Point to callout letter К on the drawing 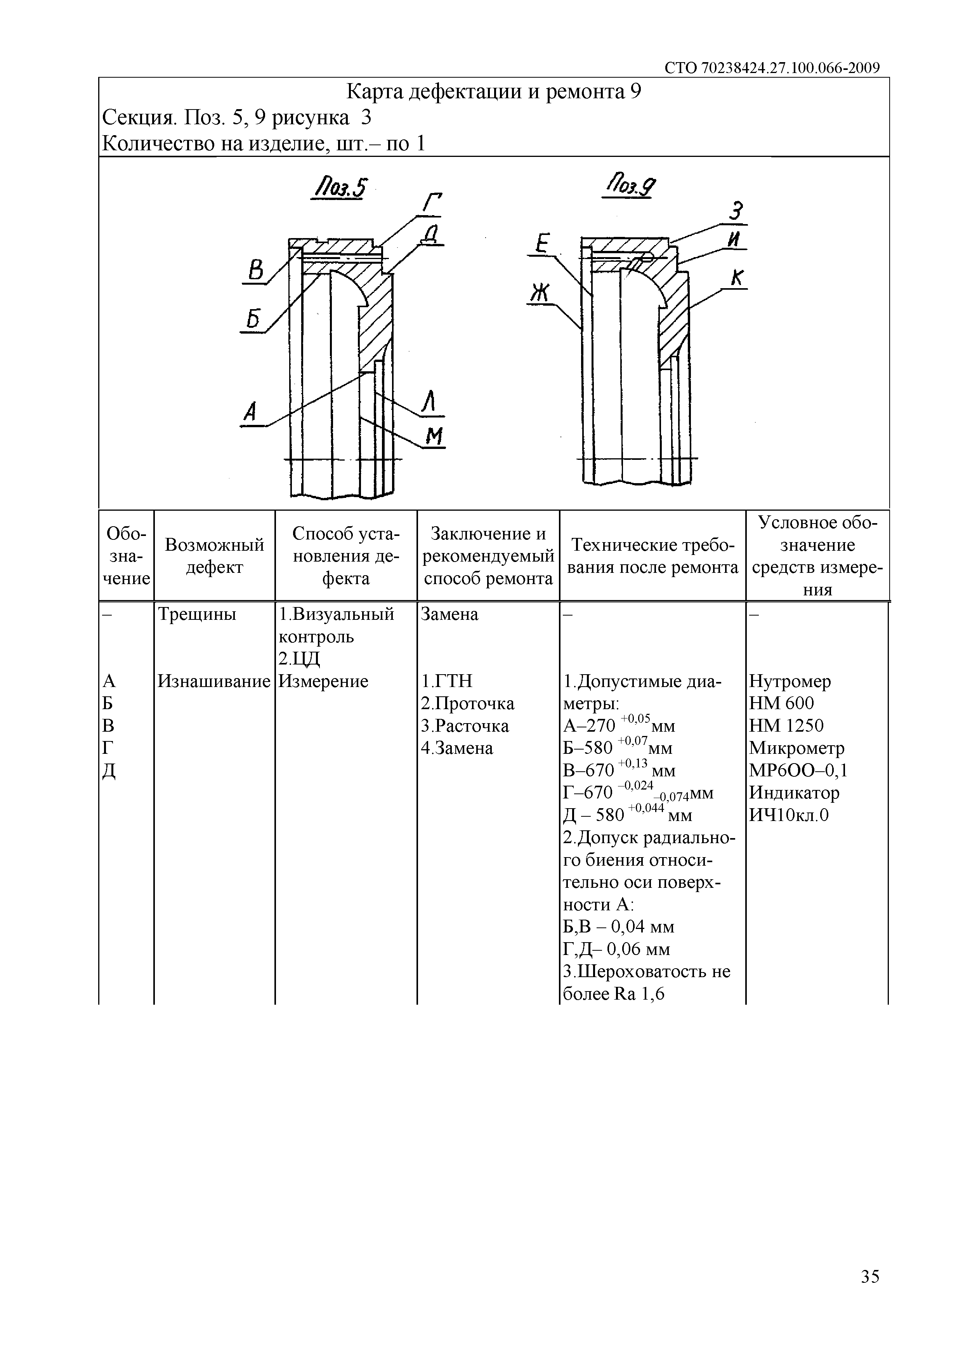(x=737, y=278)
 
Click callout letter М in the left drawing (x=435, y=437)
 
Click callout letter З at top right (x=736, y=212)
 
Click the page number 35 (x=870, y=1276)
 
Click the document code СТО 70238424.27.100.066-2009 (x=772, y=68)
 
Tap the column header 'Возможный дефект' (x=214, y=556)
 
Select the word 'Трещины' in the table (x=197, y=614)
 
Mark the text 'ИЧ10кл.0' (x=789, y=815)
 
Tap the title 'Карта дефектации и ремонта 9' (x=493, y=92)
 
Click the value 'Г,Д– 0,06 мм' (x=616, y=949)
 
